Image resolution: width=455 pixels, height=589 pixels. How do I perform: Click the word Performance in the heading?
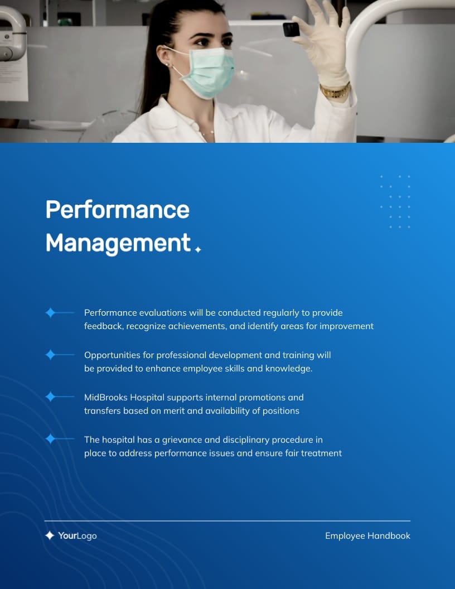coord(117,210)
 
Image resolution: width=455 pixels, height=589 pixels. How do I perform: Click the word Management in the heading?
coord(118,243)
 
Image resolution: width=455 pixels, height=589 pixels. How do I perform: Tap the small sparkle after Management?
coord(198,250)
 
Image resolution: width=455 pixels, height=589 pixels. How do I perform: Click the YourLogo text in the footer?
coord(78,536)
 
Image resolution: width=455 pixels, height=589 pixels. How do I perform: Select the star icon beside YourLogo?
coord(50,535)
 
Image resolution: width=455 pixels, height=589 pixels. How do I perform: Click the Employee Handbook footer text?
coord(367,536)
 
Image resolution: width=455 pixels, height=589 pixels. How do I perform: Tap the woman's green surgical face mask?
coord(207,72)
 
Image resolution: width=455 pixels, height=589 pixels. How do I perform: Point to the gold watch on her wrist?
coord(335,91)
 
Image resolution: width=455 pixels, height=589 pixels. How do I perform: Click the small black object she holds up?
coord(291,29)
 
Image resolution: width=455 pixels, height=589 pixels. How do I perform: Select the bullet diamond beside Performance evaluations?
coord(50,313)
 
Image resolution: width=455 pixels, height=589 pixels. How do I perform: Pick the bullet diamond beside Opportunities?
coord(50,355)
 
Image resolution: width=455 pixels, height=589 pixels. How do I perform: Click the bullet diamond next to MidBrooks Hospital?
coord(50,397)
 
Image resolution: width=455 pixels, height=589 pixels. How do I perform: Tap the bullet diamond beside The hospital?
coord(50,440)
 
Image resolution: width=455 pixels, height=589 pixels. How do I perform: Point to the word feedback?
coord(103,326)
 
